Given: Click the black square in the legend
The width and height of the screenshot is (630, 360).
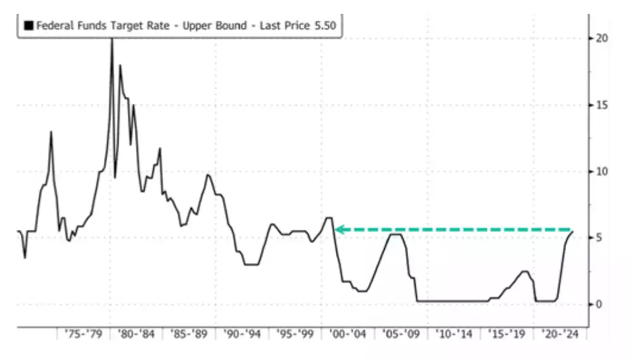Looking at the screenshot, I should [x=29, y=26].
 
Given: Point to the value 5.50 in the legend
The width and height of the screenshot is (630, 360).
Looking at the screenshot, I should [x=325, y=26].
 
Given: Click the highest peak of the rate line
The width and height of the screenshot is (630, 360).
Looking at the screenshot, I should [x=112, y=39].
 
